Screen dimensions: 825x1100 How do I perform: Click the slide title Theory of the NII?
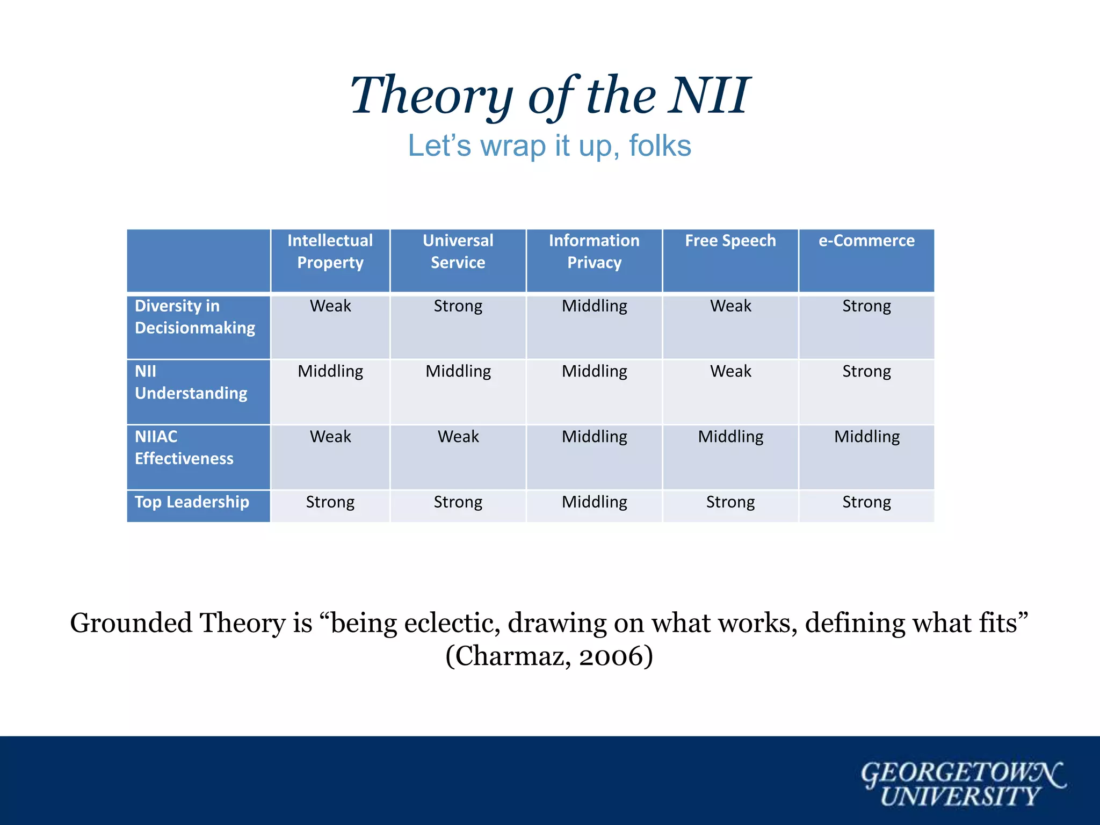tap(549, 96)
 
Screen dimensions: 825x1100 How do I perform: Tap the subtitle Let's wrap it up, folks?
tap(549, 146)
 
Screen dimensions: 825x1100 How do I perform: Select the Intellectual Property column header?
tap(330, 251)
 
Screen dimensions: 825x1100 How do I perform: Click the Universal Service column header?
tap(458, 251)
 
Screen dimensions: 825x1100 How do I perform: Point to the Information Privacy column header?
tap(594, 251)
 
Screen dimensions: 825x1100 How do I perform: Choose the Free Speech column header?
tap(730, 241)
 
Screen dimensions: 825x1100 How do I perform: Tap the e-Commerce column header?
tap(866, 241)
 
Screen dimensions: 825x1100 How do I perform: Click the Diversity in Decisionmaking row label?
tap(194, 317)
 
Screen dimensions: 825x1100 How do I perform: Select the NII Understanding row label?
tap(191, 382)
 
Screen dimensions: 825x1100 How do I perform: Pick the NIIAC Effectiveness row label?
tap(184, 447)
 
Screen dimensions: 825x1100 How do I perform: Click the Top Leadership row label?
tap(192, 502)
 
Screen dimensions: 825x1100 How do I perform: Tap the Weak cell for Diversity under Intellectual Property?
tap(330, 306)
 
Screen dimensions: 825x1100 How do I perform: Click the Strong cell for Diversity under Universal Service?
tap(458, 306)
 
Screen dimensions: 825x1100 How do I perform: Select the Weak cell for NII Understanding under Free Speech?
tap(730, 371)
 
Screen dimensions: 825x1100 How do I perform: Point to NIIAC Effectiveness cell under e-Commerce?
tap(866, 437)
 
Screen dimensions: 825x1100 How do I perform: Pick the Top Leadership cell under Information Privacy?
tap(594, 502)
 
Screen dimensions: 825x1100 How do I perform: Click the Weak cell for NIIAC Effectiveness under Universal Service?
tap(458, 437)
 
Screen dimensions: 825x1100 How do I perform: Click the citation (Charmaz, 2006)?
tap(549, 656)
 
